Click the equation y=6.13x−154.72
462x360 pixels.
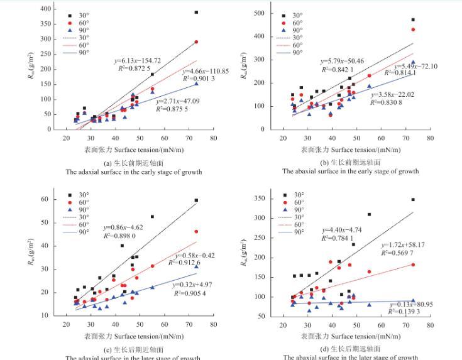pyautogui.click(x=138, y=60)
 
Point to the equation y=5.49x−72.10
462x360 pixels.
pyautogui.click(x=415, y=66)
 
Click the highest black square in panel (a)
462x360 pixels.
pyautogui.click(x=196, y=12)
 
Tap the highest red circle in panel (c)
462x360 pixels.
pyautogui.click(x=196, y=232)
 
